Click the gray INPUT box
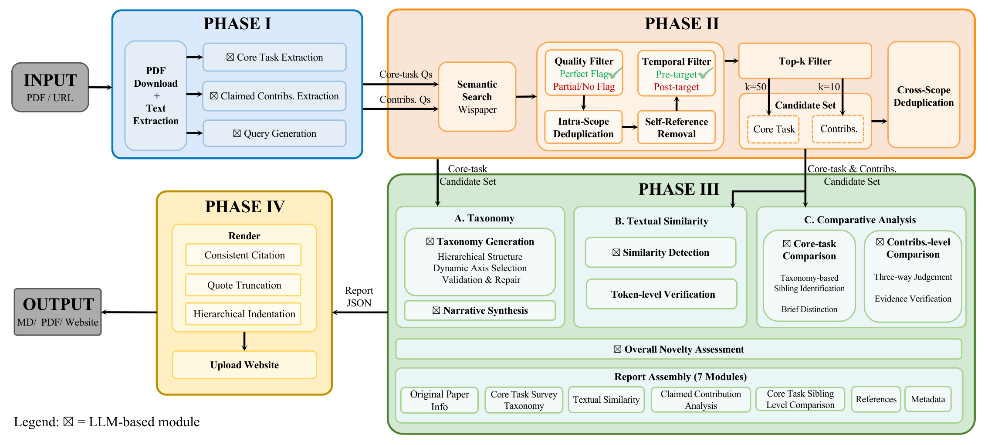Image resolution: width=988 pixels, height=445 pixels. (50, 87)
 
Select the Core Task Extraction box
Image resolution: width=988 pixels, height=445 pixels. (274, 57)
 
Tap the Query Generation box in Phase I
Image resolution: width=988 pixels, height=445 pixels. (274, 133)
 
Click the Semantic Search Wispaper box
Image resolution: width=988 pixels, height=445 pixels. (477, 97)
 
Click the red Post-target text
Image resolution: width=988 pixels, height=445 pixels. (676, 87)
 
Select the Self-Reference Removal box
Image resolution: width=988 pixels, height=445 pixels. (676, 128)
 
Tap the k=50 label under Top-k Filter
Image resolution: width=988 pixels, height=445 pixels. (755, 87)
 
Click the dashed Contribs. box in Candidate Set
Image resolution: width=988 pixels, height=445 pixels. (838, 129)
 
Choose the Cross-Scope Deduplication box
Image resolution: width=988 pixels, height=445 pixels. (924, 96)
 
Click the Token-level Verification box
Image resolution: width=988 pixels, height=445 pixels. (662, 294)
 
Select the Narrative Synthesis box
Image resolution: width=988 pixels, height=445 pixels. (480, 310)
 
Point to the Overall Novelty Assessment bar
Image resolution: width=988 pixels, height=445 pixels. (678, 349)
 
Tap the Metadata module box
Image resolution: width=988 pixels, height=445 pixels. (928, 399)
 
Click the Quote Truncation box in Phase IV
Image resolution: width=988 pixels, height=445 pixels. (244, 285)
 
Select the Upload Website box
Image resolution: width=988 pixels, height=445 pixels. (244, 365)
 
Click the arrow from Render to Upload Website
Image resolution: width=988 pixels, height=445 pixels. (244, 341)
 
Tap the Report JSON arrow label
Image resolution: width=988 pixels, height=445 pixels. (359, 297)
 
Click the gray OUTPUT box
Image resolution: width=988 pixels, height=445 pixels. (58, 312)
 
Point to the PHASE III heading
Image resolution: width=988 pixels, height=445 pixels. (678, 189)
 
